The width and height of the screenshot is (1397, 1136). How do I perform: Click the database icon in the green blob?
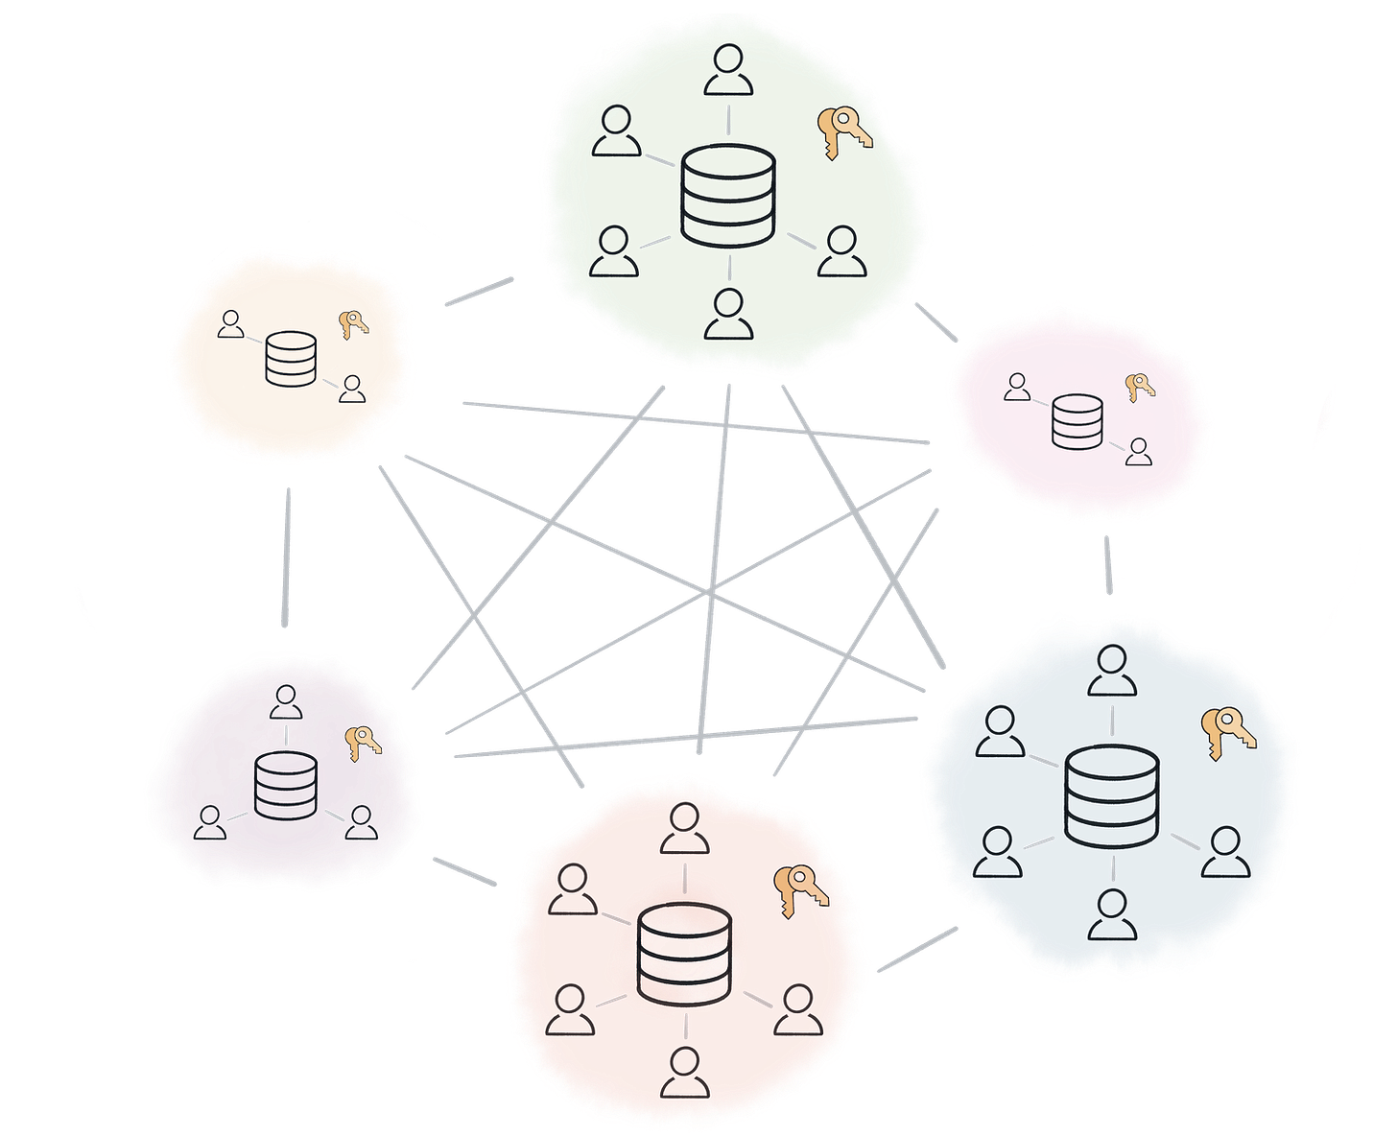pos(727,196)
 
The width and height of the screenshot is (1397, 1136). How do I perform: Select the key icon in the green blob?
pos(843,132)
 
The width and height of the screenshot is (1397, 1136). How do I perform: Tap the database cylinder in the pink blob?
pos(1077,422)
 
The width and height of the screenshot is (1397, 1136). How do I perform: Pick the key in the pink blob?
pos(1139,387)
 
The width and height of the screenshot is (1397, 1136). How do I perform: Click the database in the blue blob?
pos(1113,796)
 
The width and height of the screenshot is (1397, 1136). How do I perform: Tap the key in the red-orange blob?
pos(801,889)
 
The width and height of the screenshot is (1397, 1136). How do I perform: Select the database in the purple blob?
pos(285,786)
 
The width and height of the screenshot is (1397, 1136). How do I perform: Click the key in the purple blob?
pos(363,742)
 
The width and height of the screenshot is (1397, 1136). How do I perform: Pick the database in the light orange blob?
pos(290,359)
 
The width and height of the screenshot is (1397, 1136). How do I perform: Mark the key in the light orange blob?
pos(353,324)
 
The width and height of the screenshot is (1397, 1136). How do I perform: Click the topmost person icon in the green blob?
pos(728,72)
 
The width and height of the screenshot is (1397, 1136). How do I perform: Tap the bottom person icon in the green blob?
pos(728,315)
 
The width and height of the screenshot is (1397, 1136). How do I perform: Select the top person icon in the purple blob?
pos(285,701)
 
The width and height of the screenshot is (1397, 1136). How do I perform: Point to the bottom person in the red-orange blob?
pos(685,1073)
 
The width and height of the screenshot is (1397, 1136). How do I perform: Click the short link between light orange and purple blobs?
pos(285,556)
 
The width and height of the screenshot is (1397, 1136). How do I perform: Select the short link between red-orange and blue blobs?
pos(916,950)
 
